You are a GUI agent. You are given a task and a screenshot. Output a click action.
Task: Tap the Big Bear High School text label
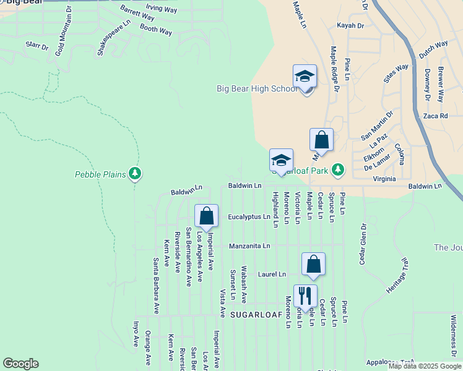click(x=257, y=88)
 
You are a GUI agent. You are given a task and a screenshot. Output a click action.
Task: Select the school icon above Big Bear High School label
click(x=305, y=77)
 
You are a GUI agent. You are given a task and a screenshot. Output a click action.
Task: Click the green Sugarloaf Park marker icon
click(x=338, y=169)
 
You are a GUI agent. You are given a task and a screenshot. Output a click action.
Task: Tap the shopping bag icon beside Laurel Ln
click(x=314, y=264)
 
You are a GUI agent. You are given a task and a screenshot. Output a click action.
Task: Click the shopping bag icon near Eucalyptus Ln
click(x=207, y=216)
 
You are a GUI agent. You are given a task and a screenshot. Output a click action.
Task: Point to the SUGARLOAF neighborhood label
click(x=256, y=315)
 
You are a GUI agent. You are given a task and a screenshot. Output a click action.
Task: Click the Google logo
click(x=20, y=364)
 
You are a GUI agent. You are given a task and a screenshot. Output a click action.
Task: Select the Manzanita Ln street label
click(x=249, y=245)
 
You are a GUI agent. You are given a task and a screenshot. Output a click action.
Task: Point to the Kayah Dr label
click(x=350, y=25)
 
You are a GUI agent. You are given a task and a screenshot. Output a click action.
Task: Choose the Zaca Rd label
click(x=436, y=116)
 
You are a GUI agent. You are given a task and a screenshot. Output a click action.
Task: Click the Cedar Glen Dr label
click(x=363, y=243)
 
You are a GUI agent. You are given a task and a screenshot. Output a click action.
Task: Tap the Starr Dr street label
click(x=37, y=46)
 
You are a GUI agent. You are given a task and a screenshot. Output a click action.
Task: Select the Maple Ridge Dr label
click(x=335, y=69)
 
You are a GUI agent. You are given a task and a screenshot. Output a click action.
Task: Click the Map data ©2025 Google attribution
click(x=424, y=366)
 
